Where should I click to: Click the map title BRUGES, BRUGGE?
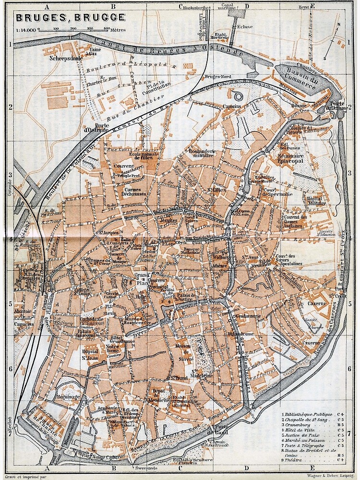click(71, 18)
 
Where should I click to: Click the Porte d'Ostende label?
click(97, 128)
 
